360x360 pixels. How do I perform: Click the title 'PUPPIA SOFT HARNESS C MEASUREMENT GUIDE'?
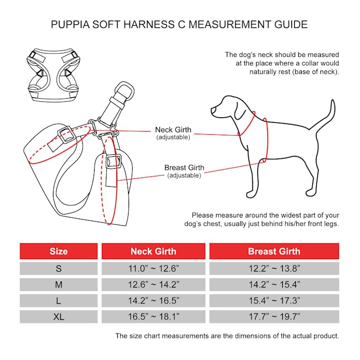point(180,24)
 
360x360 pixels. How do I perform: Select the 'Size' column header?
point(59,251)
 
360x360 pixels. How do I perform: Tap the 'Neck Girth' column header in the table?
point(153,251)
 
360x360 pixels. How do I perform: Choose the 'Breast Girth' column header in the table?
point(274,251)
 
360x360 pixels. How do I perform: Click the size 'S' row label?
point(59,268)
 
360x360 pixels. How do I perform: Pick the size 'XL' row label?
point(59,317)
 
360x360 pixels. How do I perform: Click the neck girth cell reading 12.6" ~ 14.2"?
point(153,284)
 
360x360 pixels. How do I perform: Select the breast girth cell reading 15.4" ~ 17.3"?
point(274,301)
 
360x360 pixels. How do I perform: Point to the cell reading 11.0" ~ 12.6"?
point(153,268)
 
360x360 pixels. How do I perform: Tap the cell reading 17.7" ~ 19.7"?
point(274,317)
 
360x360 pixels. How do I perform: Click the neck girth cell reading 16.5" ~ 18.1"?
point(153,317)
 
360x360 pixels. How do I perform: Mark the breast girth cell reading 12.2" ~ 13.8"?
point(274,268)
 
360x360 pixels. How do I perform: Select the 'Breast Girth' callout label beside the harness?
point(184,168)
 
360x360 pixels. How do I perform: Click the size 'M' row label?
point(59,284)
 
